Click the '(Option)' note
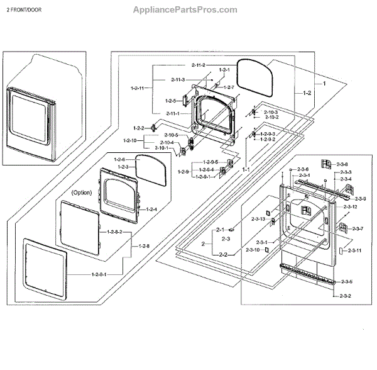(x=82, y=191)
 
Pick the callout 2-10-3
(x=271, y=111)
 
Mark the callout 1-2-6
(x=120, y=159)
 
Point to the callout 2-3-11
(x=354, y=250)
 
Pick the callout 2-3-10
(x=253, y=250)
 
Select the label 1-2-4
(x=151, y=209)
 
